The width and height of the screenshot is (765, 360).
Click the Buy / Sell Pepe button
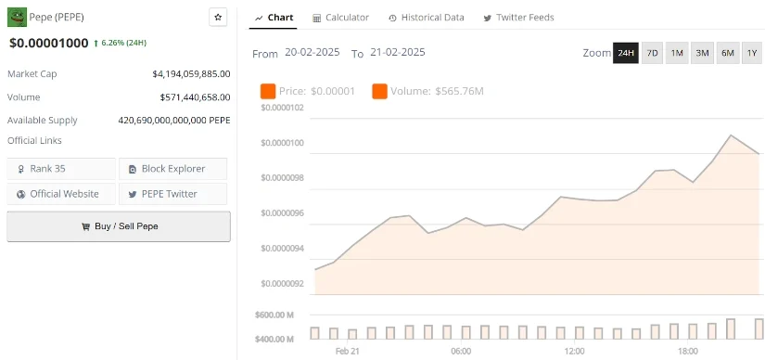119,226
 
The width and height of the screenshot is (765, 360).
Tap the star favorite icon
218,17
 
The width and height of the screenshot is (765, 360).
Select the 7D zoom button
652,53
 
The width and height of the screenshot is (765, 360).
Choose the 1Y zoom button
751,53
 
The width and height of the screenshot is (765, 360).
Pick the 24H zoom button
626,53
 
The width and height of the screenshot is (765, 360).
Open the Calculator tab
341,18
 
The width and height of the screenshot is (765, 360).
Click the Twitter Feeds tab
518,18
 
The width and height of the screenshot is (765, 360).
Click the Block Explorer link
172,169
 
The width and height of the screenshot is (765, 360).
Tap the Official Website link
62,194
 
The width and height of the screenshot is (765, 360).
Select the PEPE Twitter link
172,194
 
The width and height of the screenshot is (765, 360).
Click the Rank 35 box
62,169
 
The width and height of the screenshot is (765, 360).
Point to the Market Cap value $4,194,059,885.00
191,73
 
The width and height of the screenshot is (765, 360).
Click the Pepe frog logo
17,17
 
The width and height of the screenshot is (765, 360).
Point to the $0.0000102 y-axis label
281,109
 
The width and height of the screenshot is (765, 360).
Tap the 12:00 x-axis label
574,351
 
